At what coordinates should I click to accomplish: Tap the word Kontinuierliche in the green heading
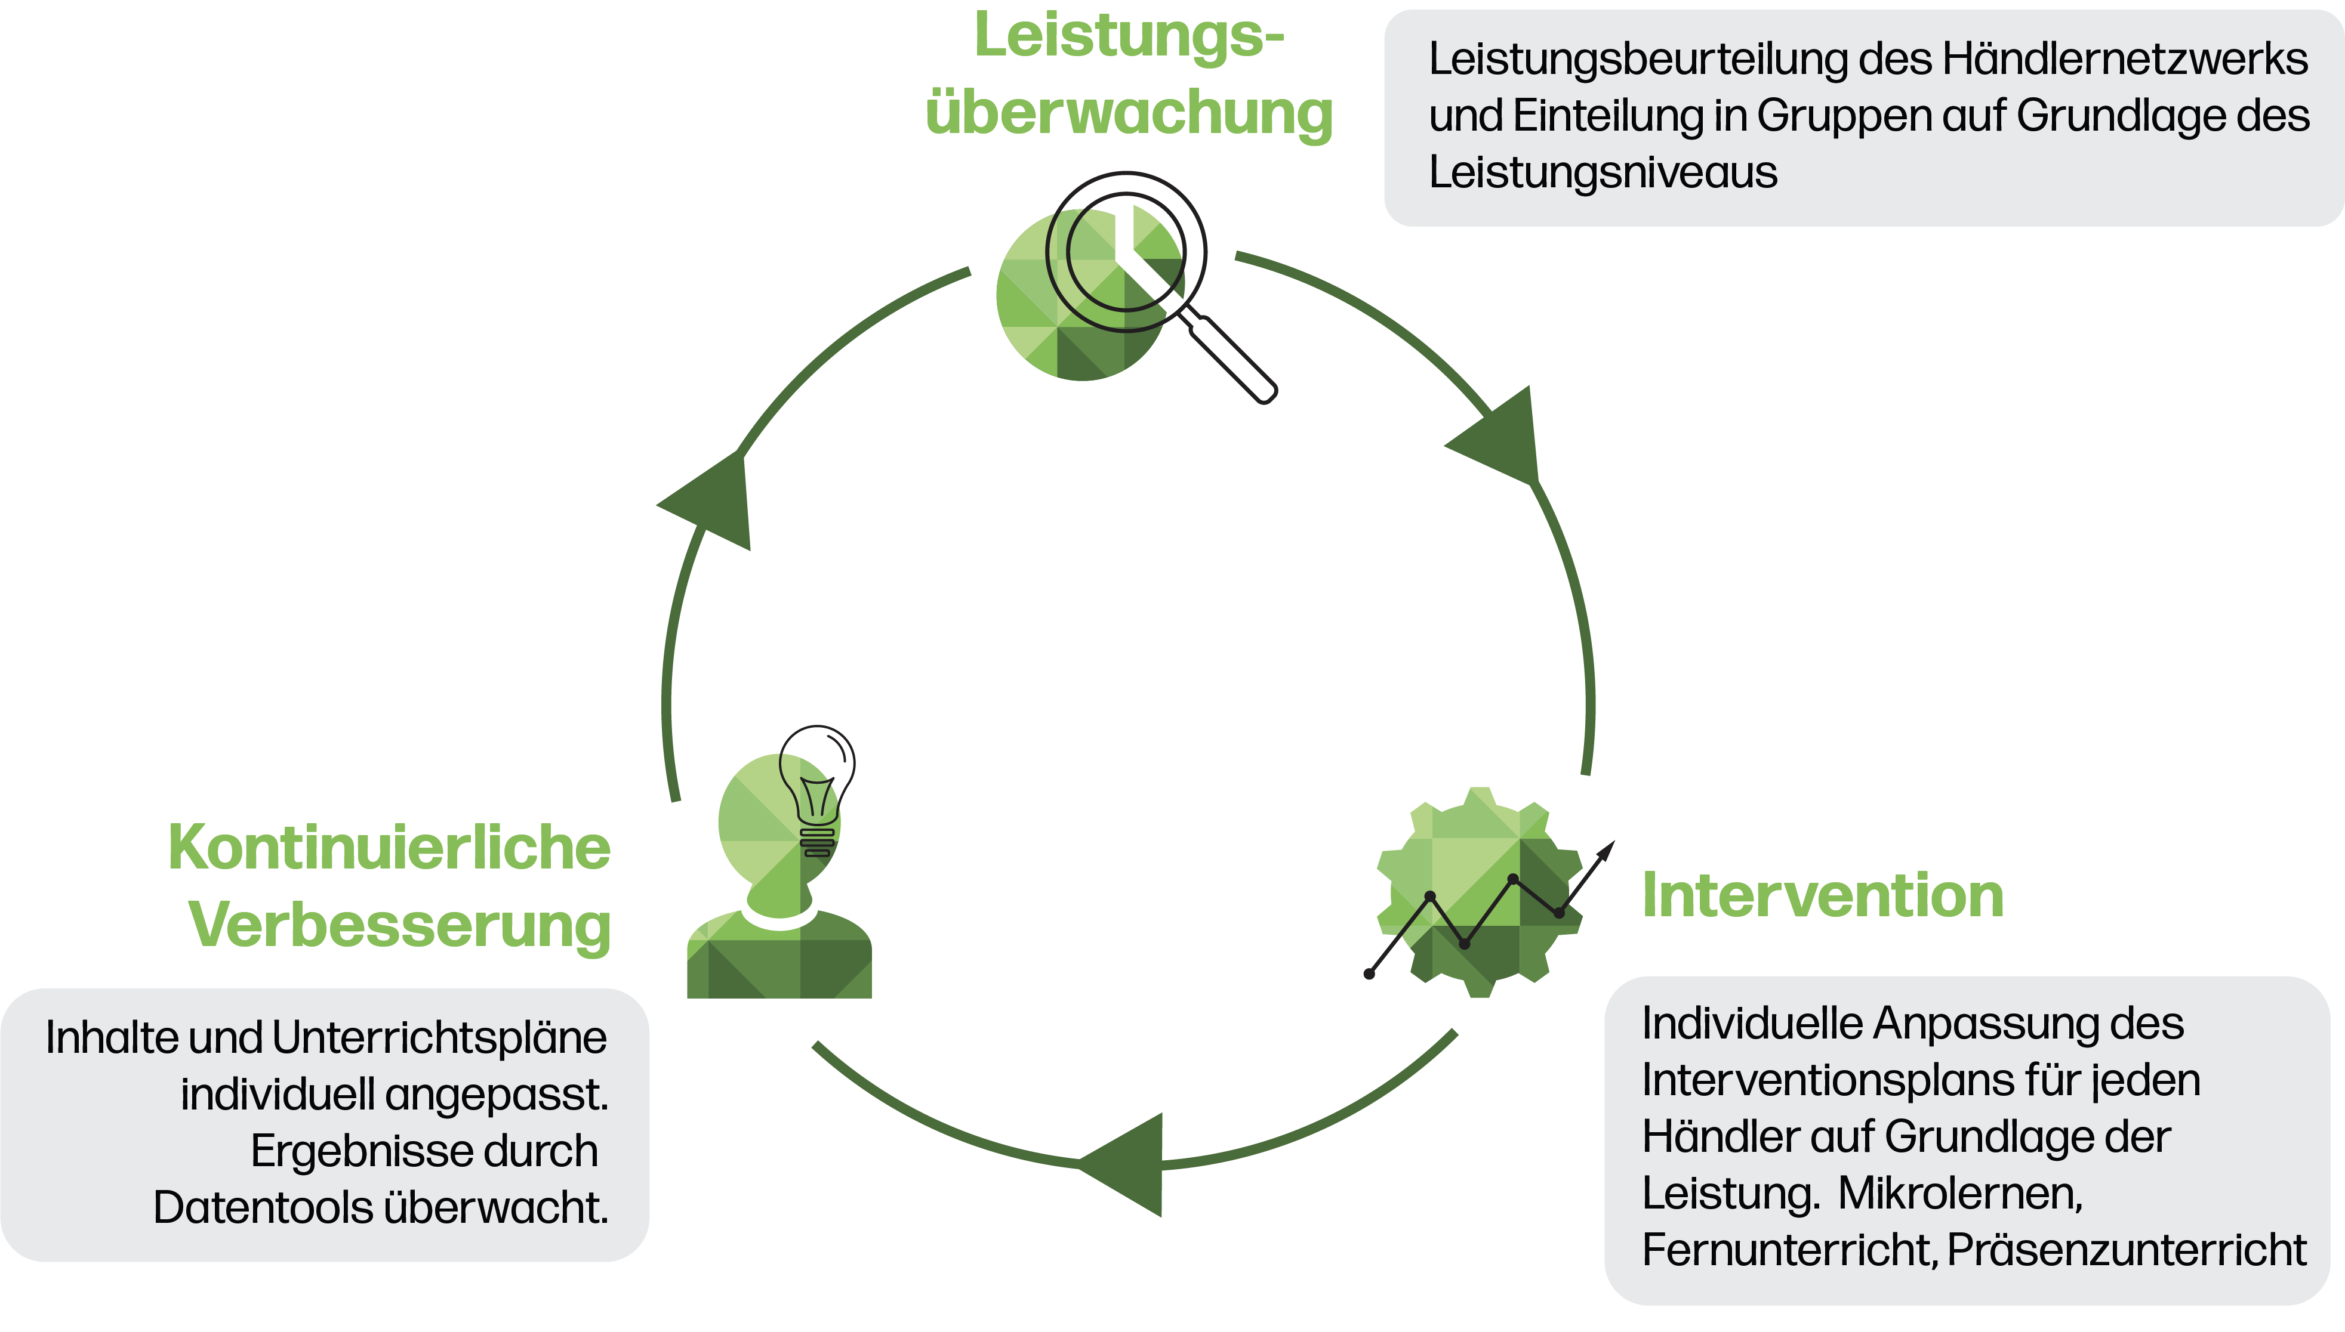point(389,848)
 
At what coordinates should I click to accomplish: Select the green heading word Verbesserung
point(399,926)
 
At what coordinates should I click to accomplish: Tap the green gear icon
point(1479,892)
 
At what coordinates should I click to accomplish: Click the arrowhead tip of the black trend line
point(1611,843)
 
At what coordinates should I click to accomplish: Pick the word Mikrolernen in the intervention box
point(1959,1194)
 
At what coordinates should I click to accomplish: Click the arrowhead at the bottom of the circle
point(1126,1164)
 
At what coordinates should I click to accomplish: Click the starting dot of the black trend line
point(1369,974)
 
